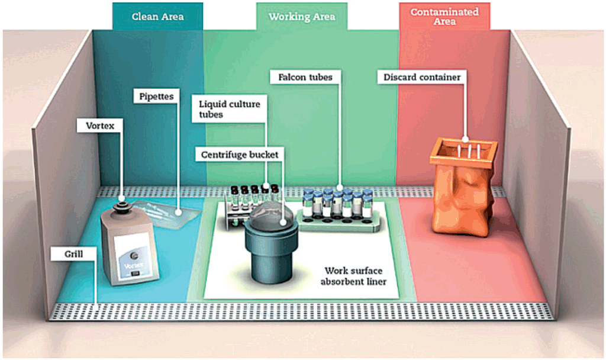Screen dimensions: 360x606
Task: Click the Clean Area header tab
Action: pyautogui.click(x=157, y=17)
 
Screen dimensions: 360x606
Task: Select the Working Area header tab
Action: pyautogui.click(x=301, y=17)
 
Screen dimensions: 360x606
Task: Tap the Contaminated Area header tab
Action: pyautogui.click(x=444, y=16)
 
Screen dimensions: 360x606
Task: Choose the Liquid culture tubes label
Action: pyautogui.click(x=229, y=109)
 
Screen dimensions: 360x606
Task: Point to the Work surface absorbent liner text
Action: pyautogui.click(x=353, y=277)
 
